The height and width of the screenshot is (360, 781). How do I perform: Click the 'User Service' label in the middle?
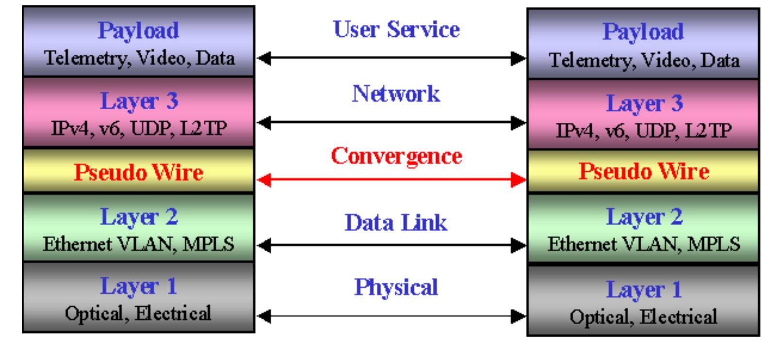pyautogui.click(x=396, y=29)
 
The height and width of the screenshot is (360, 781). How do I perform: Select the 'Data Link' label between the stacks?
pyautogui.click(x=396, y=223)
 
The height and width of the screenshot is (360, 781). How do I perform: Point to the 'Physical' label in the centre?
pyautogui.click(x=396, y=288)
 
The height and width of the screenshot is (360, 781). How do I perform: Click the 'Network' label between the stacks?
pyautogui.click(x=396, y=94)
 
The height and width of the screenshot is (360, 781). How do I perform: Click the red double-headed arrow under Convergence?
pyautogui.click(x=391, y=180)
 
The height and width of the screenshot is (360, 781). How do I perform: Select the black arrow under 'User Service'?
pyautogui.click(x=391, y=58)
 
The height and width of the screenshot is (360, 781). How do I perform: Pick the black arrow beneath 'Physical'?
pyautogui.click(x=391, y=316)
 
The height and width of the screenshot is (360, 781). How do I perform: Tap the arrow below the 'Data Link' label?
pyautogui.click(x=391, y=245)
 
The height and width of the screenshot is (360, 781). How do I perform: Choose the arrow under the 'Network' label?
pyautogui.click(x=391, y=123)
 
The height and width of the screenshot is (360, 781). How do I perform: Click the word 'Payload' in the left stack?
pyautogui.click(x=138, y=31)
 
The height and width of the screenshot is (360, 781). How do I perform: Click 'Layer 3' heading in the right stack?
pyautogui.click(x=644, y=104)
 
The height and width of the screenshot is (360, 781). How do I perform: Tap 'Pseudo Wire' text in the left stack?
pyautogui.click(x=138, y=172)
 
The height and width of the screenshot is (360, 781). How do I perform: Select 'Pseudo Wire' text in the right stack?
pyautogui.click(x=644, y=171)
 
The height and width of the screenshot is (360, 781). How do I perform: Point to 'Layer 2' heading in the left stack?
pyautogui.click(x=139, y=217)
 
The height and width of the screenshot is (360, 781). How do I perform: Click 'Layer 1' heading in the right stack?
pyautogui.click(x=644, y=290)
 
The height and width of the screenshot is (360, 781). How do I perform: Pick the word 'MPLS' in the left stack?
pyautogui.click(x=209, y=244)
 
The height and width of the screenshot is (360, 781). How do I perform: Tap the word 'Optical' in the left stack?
pyautogui.click(x=94, y=314)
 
